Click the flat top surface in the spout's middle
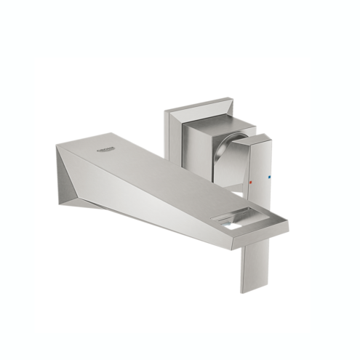coord(160,171)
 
